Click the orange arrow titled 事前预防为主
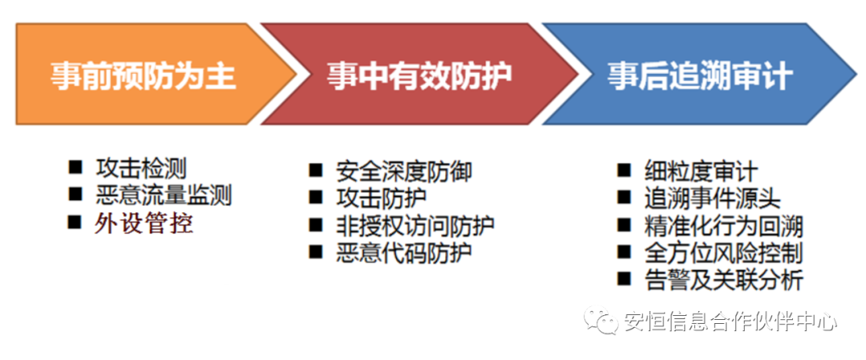(149, 74)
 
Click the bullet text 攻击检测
(141, 168)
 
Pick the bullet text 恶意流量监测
(163, 196)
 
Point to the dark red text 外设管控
(144, 224)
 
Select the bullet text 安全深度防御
(403, 172)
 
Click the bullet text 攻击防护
(381, 199)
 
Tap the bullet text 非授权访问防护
(415, 225)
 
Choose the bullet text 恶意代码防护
(403, 253)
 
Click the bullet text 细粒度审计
(701, 172)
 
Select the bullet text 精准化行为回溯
(723, 226)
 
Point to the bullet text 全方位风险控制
(723, 253)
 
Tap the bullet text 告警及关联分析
(723, 281)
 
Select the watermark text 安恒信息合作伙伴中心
(730, 322)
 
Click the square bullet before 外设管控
(75, 223)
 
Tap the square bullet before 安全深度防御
(315, 170)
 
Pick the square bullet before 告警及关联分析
(624, 279)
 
